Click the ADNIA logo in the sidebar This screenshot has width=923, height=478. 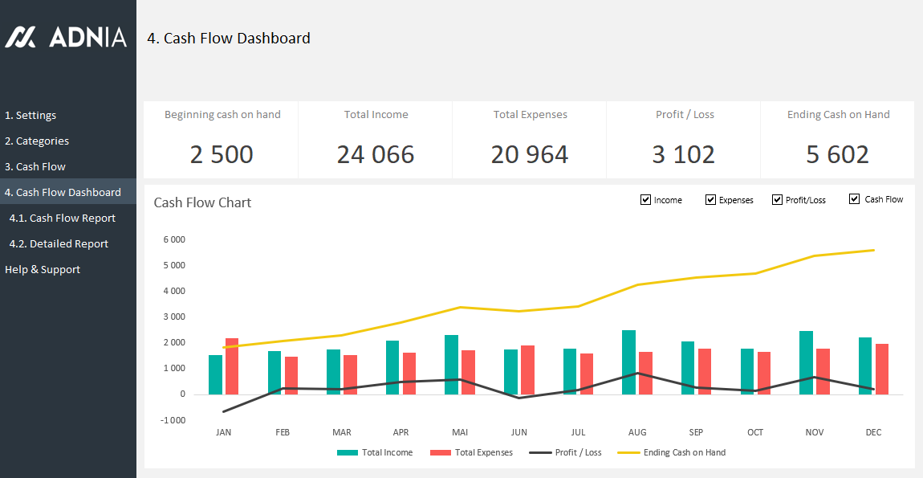66,37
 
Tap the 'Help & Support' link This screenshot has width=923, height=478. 43,269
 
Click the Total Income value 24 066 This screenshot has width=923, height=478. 376,154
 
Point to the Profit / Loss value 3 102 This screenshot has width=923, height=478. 684,154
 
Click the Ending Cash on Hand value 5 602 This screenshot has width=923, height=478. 837,154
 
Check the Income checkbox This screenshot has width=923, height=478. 646,199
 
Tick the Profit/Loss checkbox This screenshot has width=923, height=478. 777,199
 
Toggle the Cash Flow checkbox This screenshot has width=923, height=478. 854,199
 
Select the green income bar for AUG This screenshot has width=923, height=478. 629,362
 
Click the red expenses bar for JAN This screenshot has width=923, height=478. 232,366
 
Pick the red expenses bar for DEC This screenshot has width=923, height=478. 882,369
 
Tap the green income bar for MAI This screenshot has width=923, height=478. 452,365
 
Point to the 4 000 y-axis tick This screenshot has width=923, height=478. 173,291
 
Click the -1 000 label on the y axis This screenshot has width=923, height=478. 173,420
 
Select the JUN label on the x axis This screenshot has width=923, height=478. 518,432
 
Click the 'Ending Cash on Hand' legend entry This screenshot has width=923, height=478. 684,452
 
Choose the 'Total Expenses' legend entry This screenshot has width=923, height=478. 483,452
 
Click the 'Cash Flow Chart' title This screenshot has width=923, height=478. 202,202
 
